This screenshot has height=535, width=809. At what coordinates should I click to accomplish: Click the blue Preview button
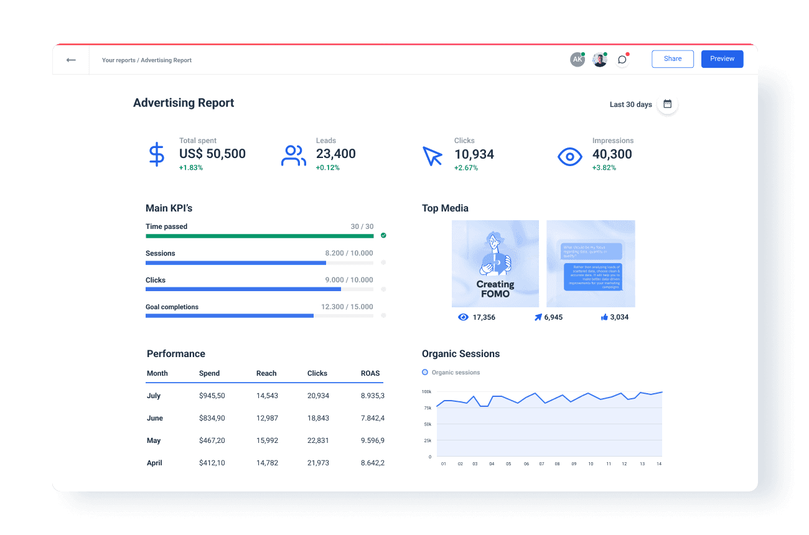click(x=722, y=59)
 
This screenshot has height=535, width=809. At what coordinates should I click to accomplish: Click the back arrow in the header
click(x=71, y=60)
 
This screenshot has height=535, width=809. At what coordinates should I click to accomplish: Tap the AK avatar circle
click(x=578, y=60)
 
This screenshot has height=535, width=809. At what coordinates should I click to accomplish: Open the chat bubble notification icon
click(x=622, y=60)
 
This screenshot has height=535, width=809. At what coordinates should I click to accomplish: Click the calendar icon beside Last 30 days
click(x=667, y=104)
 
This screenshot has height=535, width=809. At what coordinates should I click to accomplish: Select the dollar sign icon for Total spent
click(x=157, y=154)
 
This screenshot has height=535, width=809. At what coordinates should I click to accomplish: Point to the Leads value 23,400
click(x=335, y=154)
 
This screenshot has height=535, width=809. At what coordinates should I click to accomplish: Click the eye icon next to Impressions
click(x=569, y=157)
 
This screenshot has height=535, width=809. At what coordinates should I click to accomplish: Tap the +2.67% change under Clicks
click(x=465, y=168)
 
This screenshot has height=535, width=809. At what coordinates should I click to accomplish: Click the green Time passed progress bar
click(x=260, y=236)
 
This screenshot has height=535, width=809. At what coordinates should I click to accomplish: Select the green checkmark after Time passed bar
click(x=383, y=236)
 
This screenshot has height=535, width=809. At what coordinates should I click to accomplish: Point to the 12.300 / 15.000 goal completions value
click(x=347, y=307)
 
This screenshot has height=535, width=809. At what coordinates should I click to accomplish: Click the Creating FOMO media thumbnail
click(x=495, y=263)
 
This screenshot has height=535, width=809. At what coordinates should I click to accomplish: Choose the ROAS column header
click(x=370, y=373)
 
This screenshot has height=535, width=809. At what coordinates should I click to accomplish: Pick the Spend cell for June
click(x=212, y=418)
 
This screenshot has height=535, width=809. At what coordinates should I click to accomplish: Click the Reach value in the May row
click(x=267, y=440)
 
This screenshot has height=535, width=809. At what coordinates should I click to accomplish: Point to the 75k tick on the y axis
click(x=428, y=408)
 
